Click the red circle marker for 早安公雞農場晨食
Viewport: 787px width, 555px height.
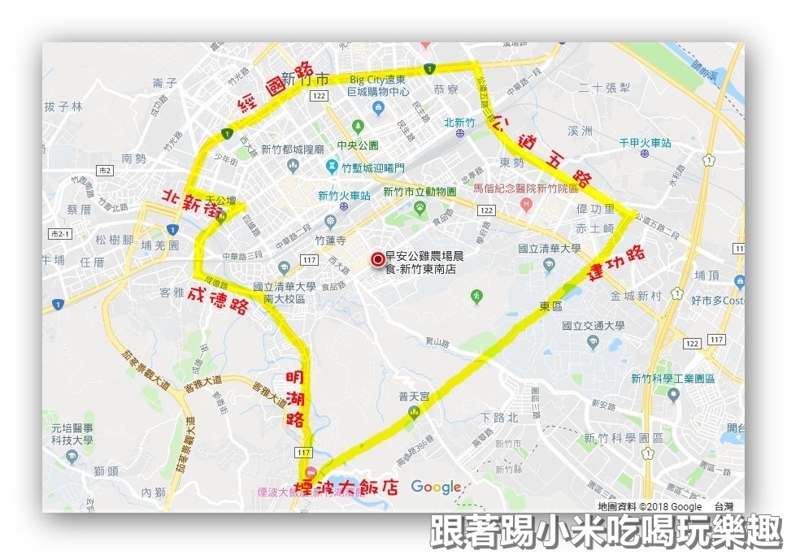[x=377, y=259]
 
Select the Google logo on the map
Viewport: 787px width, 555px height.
[x=436, y=487]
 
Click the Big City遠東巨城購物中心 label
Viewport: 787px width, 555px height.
[x=378, y=85]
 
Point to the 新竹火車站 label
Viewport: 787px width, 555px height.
[x=343, y=196]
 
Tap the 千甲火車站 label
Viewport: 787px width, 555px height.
[x=646, y=143]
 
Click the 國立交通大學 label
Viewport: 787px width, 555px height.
[x=594, y=325]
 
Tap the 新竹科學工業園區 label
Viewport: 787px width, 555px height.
[x=672, y=379]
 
